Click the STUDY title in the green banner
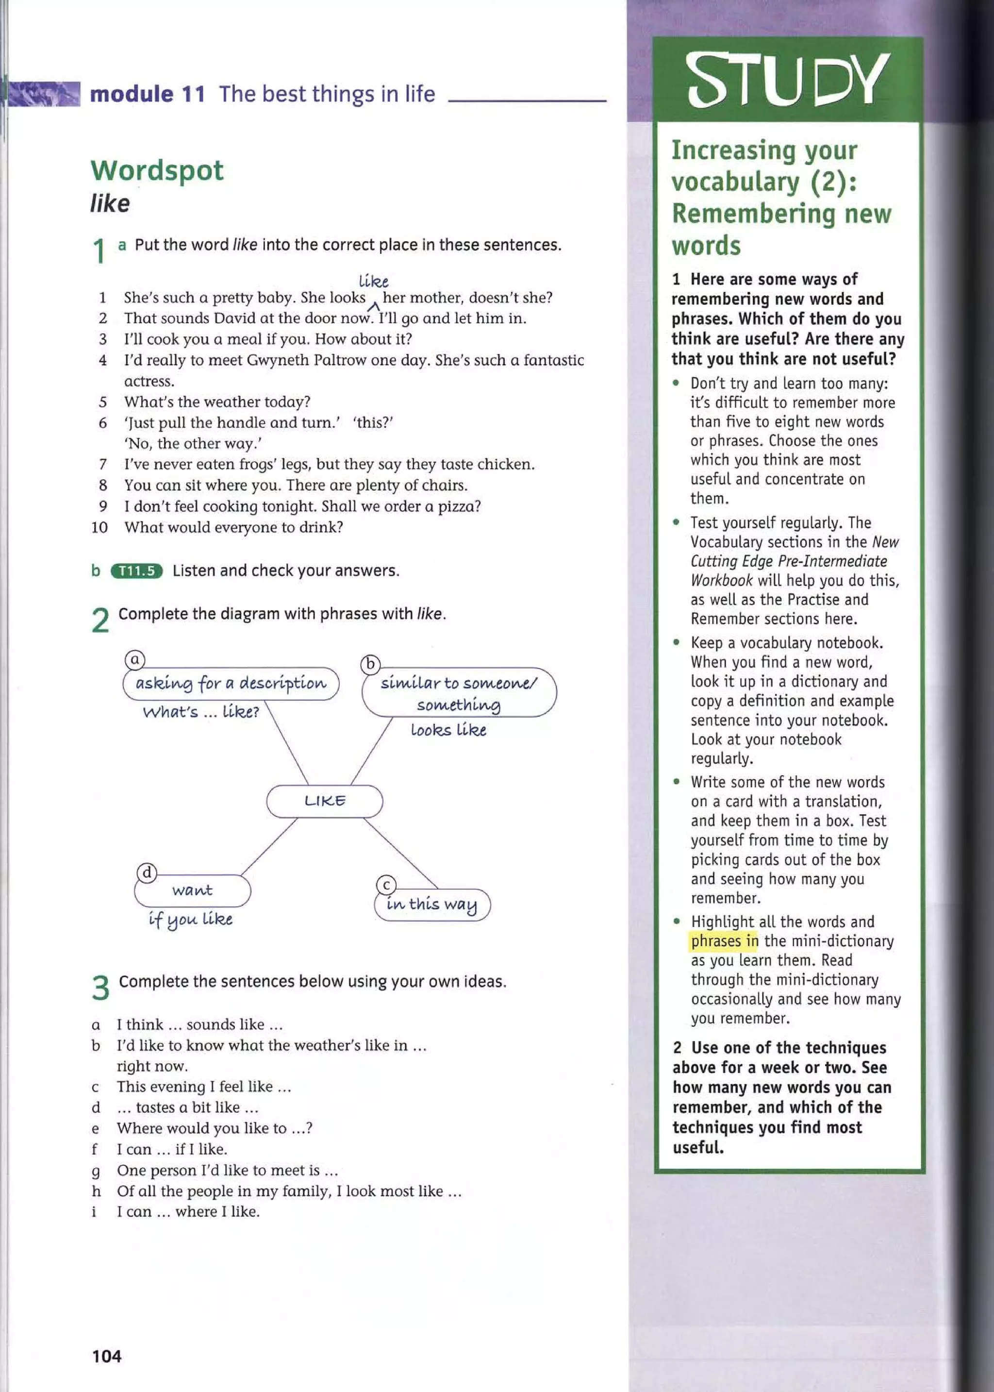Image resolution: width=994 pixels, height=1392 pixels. tap(788, 80)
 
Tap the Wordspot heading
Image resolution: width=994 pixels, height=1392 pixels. tap(157, 170)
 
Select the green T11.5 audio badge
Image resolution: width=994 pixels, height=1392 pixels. tap(136, 571)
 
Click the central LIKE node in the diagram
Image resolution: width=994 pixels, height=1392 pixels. tap(324, 801)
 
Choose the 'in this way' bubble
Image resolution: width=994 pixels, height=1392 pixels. tap(431, 905)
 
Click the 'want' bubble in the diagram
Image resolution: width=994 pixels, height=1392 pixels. tap(192, 890)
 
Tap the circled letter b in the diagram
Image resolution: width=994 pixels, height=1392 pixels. tap(370, 664)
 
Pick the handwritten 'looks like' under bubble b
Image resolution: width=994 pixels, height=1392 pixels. tap(448, 730)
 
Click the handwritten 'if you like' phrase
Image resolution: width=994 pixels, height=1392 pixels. tap(190, 920)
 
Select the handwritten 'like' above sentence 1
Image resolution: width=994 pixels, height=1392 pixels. tap(373, 282)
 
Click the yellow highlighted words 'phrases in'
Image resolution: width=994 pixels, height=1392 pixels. tap(724, 941)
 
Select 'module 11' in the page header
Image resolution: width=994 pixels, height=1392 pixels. tap(147, 94)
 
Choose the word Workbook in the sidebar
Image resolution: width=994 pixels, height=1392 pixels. tap(722, 580)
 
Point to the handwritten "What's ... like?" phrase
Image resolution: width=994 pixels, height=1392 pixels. tap(201, 712)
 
